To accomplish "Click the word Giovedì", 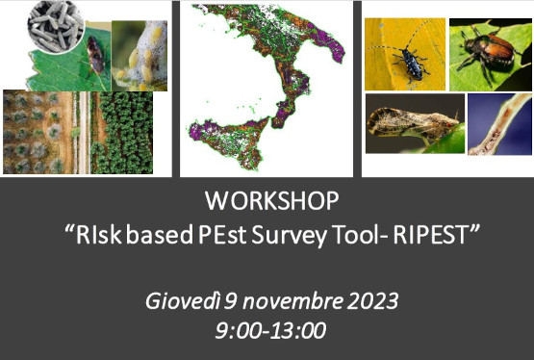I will pos(181,300).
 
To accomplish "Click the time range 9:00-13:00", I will pos(270,330).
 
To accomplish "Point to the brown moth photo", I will pos(414,125).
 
